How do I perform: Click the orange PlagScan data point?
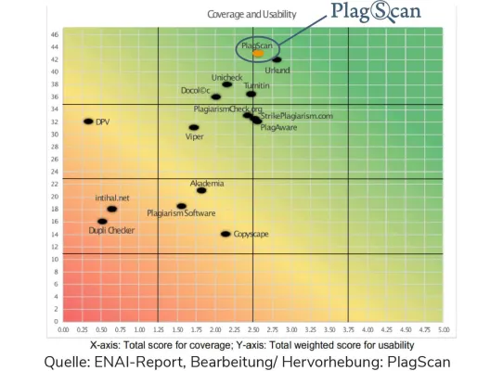point(258,54)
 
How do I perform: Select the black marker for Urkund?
point(277,59)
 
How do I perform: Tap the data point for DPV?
point(88,122)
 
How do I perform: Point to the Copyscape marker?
point(226,234)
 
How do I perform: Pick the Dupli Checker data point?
point(102,222)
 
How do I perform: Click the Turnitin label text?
point(256,85)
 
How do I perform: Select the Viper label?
point(195,137)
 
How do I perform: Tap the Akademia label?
point(207,183)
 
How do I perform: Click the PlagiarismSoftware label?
point(181,213)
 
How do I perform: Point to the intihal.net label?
point(111,198)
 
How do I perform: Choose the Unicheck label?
point(226,76)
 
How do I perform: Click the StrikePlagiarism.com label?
point(296,116)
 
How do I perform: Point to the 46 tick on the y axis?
point(55,33)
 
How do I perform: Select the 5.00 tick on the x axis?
point(443,329)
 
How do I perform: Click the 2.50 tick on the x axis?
point(253,329)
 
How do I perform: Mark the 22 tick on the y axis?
point(55,184)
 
